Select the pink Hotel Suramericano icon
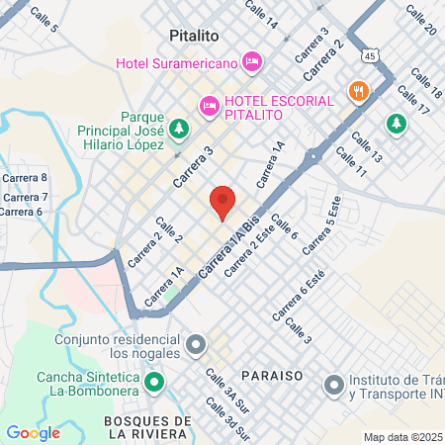coord(251,62)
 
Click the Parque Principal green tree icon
coord(178,128)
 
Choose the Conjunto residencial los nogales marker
coord(196,345)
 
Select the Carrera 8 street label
coord(25,178)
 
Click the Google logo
coord(33,432)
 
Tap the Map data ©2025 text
coord(402,437)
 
